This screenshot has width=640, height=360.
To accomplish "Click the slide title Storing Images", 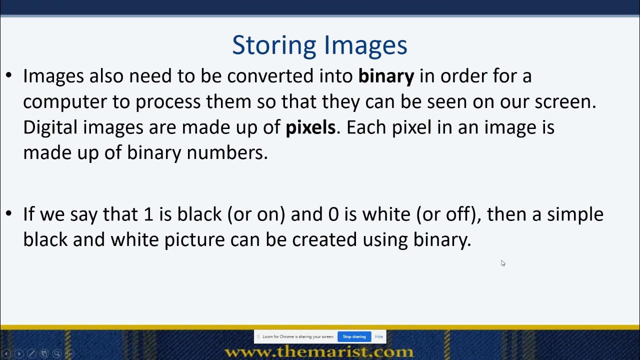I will point(319,45).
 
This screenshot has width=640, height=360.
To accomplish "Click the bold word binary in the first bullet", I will point(386,76).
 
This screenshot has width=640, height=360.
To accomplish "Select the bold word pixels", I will point(310,127).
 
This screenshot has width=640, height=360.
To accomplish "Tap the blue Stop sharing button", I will point(354,336).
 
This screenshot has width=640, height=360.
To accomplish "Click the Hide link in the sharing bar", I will point(378,336).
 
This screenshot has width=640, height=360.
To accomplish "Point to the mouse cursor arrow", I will point(502,263).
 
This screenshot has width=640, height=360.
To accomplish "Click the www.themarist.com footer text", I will point(319,351).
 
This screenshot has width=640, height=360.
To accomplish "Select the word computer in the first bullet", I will point(64,102).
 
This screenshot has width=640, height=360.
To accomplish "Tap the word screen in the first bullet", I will point(564,102).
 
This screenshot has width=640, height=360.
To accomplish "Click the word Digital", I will point(50,127).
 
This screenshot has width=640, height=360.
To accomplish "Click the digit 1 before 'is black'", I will point(148,214).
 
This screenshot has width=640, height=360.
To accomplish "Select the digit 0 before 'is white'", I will point(333,214).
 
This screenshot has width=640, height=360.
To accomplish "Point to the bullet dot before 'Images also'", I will point(8,76).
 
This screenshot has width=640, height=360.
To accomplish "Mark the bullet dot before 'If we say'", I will point(8,214).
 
